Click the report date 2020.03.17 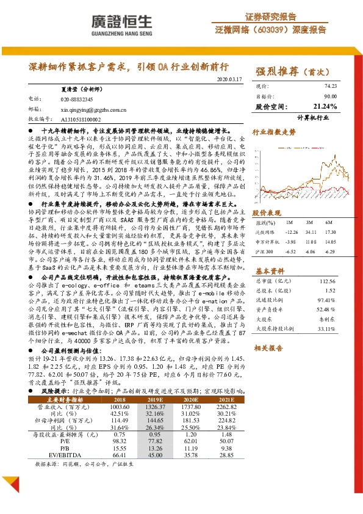click(229, 79)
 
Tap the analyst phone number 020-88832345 click(76, 98)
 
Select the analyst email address click(93, 109)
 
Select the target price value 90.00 click(330, 96)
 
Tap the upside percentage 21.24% click(325, 106)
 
